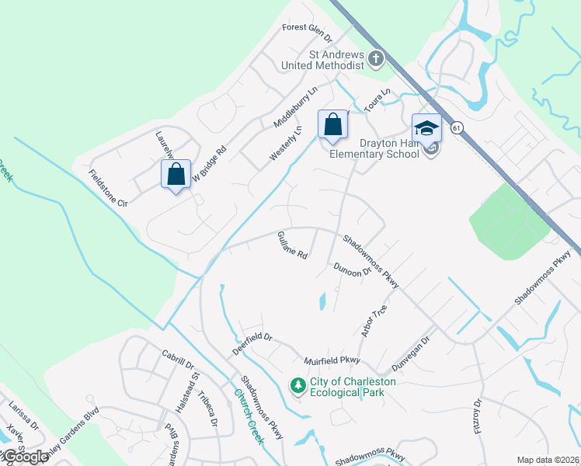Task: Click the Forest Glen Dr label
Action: pos(307,32)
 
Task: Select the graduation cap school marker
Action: pos(426,129)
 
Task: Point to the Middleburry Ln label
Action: pos(297,107)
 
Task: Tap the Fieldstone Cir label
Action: pos(108,188)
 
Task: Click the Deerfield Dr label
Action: pos(252,343)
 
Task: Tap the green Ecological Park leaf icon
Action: pos(297,385)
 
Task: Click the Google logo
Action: pos(25,457)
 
